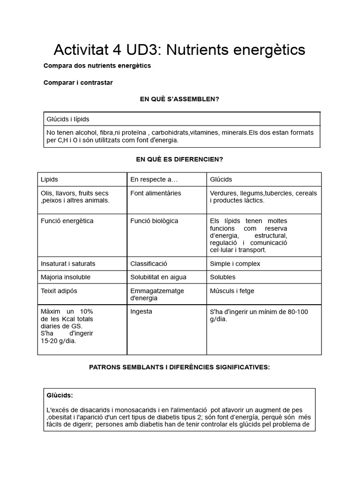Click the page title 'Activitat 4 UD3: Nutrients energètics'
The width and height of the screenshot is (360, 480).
pos(180,49)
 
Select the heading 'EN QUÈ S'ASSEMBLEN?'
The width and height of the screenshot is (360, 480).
pos(180,99)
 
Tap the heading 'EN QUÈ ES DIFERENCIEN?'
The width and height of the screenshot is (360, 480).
pos(180,159)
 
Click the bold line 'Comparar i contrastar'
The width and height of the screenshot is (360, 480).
pos(78,82)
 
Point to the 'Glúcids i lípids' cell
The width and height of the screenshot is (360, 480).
pos(67,119)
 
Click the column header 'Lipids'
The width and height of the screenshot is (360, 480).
pos(50,180)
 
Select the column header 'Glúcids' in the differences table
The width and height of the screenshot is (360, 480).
pos(221,180)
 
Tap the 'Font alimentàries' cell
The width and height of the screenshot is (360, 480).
pos(156,193)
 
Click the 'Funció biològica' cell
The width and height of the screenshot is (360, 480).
pos(154,221)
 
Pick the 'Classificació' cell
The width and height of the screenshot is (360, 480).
pos(149,263)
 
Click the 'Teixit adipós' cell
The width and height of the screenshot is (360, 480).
pos(59,291)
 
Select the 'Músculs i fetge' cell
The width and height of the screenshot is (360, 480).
pos(232,291)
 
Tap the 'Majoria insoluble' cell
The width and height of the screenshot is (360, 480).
pos(66,277)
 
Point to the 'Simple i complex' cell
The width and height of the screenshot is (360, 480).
pos(235,263)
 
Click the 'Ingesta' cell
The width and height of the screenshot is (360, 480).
pos(141,311)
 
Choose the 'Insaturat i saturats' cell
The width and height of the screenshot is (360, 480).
pos(68,263)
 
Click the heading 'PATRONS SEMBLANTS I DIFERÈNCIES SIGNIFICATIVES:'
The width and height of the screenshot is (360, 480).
pos(180,367)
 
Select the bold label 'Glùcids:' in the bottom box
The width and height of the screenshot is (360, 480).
pos(60,395)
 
